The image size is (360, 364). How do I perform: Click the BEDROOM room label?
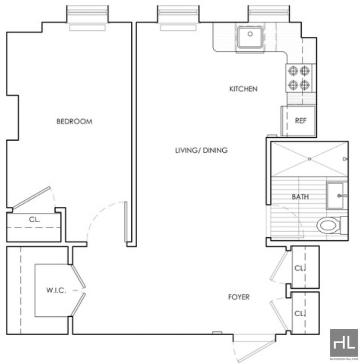(x=74, y=121)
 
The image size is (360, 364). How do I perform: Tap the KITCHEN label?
(x=243, y=89)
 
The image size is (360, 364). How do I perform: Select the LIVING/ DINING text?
(x=201, y=151)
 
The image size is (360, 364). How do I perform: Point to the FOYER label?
(x=239, y=297)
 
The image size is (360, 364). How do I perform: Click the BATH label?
(x=300, y=197)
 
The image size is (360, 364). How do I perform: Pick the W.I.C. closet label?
(x=56, y=290)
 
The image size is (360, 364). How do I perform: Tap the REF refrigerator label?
(x=301, y=120)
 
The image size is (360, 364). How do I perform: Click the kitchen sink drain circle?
(x=250, y=34)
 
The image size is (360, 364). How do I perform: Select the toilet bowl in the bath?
(x=328, y=225)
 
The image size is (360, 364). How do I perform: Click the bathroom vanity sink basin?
(x=335, y=196)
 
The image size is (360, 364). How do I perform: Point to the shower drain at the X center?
(x=309, y=159)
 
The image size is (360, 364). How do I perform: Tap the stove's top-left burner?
(x=293, y=71)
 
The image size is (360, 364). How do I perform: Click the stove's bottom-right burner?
(x=304, y=85)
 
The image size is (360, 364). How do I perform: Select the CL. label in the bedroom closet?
(x=35, y=219)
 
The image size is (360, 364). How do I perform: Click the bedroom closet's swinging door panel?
(x=31, y=198)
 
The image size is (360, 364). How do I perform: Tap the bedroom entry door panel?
(x=126, y=222)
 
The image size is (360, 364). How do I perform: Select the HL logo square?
(x=344, y=343)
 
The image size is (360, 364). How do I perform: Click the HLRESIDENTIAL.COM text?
(x=344, y=359)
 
